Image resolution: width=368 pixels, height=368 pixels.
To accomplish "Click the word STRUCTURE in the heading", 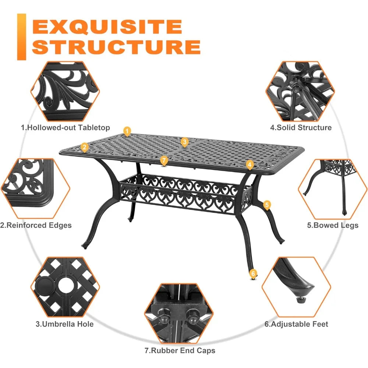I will click(118, 47).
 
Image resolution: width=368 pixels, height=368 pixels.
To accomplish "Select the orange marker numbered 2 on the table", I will click(84, 148).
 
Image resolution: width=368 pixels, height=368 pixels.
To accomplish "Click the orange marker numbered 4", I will click(250, 164).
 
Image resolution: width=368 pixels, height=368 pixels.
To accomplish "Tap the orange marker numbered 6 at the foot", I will click(253, 273).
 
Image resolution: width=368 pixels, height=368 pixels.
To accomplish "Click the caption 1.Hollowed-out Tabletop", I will click(65, 128).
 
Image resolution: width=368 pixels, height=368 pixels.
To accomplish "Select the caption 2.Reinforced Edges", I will click(36, 225).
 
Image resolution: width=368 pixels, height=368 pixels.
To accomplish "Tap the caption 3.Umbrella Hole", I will click(64, 324).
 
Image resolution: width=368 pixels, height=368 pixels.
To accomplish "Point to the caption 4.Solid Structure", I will click(301, 128).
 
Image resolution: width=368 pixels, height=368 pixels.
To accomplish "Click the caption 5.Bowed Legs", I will click(333, 225).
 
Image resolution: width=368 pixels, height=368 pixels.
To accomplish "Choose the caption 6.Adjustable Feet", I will click(296, 324).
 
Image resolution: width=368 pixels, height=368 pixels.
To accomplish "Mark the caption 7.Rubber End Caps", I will click(180, 351).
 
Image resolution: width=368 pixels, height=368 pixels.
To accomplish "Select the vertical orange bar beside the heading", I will click(22, 37).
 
